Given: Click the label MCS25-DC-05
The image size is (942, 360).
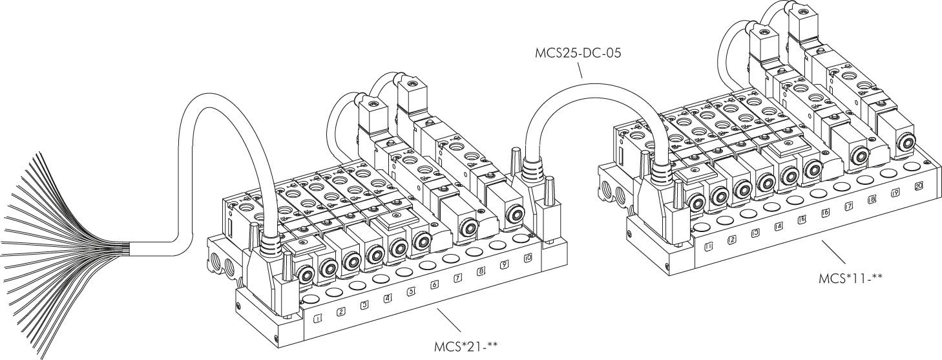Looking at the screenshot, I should (x=578, y=53).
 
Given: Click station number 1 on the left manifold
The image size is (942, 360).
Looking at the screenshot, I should (x=317, y=318).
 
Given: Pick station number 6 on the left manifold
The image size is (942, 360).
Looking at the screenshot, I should (x=434, y=284).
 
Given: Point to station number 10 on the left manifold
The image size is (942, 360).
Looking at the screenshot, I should (x=528, y=257).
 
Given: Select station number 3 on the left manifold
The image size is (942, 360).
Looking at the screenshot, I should (x=364, y=304).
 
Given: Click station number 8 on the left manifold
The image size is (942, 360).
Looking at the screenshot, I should (x=481, y=271).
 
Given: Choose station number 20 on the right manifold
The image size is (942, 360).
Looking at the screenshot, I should (x=919, y=185).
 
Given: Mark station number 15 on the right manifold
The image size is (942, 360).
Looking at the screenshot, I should (x=802, y=220).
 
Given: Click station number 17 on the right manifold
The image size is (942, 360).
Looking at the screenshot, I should (x=849, y=206).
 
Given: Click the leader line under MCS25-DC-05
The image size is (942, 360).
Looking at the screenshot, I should (x=577, y=70).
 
